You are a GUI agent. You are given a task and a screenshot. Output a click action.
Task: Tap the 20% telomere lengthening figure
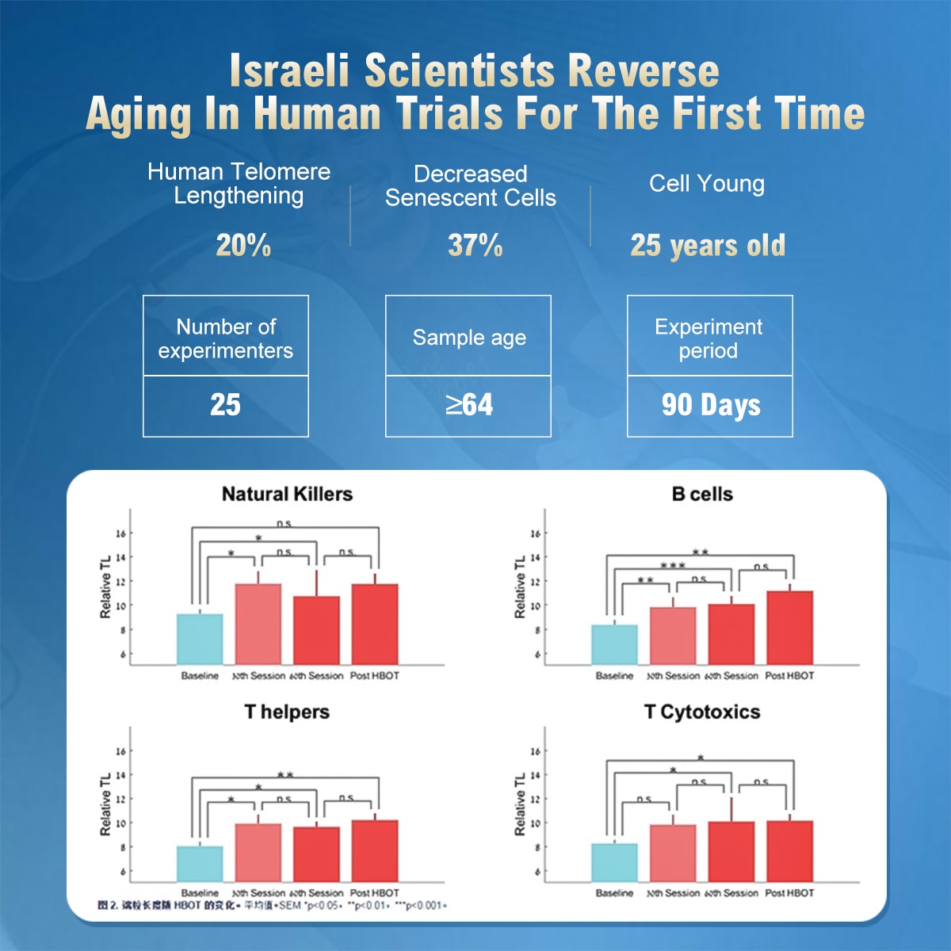pyautogui.click(x=243, y=246)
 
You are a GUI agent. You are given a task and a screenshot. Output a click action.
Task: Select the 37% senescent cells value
pyautogui.click(x=475, y=246)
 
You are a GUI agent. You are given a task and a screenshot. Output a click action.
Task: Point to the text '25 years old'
pyautogui.click(x=708, y=246)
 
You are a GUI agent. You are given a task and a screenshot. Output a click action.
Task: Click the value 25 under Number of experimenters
pyautogui.click(x=225, y=405)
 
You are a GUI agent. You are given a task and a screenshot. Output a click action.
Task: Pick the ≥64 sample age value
pyautogui.click(x=468, y=405)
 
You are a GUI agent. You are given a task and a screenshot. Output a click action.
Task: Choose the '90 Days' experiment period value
pyautogui.click(x=711, y=405)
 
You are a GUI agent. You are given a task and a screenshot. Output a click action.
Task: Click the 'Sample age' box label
pyautogui.click(x=468, y=338)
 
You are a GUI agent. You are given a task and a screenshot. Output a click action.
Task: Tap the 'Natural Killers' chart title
pyautogui.click(x=287, y=495)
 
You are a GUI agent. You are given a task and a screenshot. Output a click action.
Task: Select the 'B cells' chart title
pyautogui.click(x=702, y=495)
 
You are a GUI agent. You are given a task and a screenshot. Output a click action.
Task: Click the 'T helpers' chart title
pyautogui.click(x=287, y=712)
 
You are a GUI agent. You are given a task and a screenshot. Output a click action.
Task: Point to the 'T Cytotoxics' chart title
pyautogui.click(x=702, y=712)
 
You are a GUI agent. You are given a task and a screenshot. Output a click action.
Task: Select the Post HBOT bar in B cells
pyautogui.click(x=789, y=628)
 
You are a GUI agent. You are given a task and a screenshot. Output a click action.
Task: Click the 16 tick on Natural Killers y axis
pyautogui.click(x=120, y=533)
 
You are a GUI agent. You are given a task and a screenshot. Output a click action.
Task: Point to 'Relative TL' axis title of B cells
pyautogui.click(x=520, y=587)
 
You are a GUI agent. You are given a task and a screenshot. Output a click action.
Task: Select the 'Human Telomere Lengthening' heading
pyautogui.click(x=239, y=184)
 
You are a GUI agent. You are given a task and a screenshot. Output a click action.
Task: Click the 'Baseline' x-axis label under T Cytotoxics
pyautogui.click(x=614, y=893)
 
